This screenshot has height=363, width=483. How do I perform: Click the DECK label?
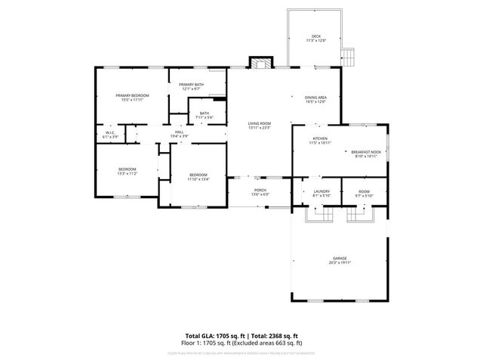pyautogui.click(x=315, y=36)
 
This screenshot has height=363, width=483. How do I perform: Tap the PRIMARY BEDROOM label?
pyautogui.click(x=132, y=95)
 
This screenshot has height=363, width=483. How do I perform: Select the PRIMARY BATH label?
pyautogui.click(x=192, y=85)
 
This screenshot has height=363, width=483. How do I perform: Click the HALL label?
pyautogui.click(x=180, y=132)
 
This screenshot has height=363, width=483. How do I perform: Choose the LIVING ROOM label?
pyautogui.click(x=260, y=123)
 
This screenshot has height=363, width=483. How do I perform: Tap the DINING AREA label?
pyautogui.click(x=315, y=97)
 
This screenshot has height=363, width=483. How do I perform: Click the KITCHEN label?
pyautogui.click(x=321, y=138)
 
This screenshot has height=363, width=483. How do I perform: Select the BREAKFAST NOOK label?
pyautogui.click(x=366, y=152)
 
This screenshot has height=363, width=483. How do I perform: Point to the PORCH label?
pyautogui.click(x=260, y=190)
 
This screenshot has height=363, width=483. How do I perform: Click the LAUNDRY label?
pyautogui.click(x=322, y=192)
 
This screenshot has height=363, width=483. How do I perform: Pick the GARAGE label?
pyautogui.click(x=340, y=258)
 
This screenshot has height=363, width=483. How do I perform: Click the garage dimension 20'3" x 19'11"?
pyautogui.click(x=340, y=262)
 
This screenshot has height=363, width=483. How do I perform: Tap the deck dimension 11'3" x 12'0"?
pyautogui.click(x=315, y=41)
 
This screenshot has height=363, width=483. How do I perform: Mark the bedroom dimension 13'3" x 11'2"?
pyautogui.click(x=126, y=173)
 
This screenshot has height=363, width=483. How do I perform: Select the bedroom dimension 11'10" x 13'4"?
pyautogui.click(x=198, y=179)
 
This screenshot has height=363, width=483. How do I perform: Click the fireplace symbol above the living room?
pyautogui.click(x=260, y=64)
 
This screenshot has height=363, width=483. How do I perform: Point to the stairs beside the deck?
pyautogui.click(x=348, y=56)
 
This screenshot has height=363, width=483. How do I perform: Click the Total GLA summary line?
pyautogui.click(x=241, y=335)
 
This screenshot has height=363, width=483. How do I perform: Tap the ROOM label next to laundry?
pyautogui.click(x=364, y=192)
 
